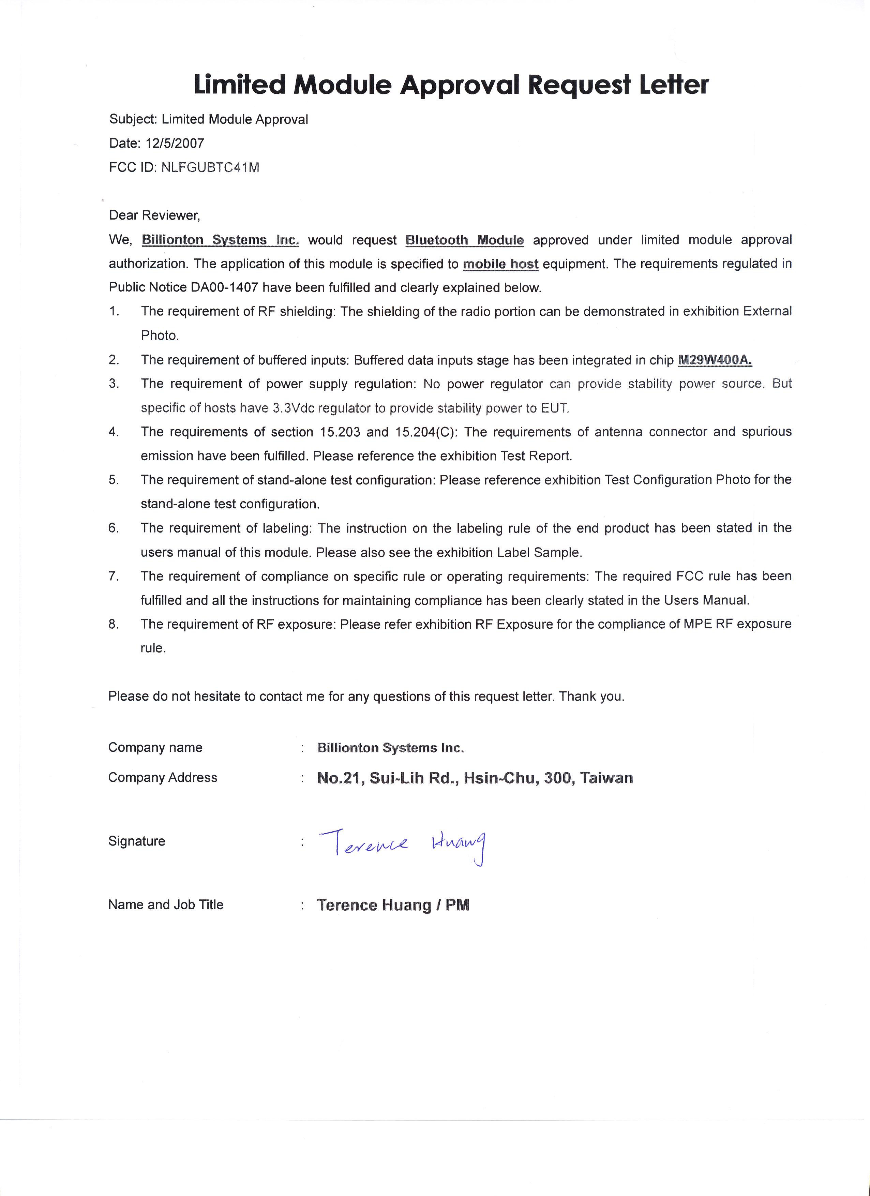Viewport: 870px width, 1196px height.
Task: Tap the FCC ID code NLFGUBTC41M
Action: click(210, 168)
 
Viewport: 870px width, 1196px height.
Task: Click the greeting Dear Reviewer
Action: click(154, 215)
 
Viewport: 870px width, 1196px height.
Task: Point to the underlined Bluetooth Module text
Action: click(465, 240)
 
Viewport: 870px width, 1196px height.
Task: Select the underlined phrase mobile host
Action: click(500, 264)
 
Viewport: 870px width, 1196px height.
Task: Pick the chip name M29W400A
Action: click(715, 360)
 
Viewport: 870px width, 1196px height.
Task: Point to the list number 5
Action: click(114, 480)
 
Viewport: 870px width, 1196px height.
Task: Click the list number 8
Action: click(114, 624)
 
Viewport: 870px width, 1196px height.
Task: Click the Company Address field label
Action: click(162, 778)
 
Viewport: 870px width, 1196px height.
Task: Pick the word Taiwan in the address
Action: click(606, 778)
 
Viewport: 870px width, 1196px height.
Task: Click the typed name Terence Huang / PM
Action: click(393, 905)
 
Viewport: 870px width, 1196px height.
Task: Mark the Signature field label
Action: click(137, 841)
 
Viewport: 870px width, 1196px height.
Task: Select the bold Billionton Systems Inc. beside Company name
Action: click(390, 748)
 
